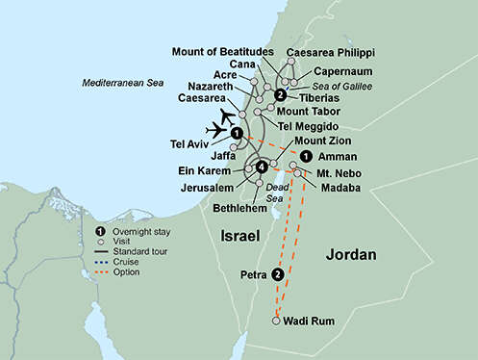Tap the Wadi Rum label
pyautogui.click(x=311, y=321)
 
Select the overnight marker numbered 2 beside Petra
pyautogui.click(x=278, y=274)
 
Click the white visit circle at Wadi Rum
pyautogui.click(x=277, y=321)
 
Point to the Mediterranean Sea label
pyautogui.click(x=121, y=85)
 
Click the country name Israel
pyautogui.click(x=241, y=235)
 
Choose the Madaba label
pyautogui.click(x=340, y=188)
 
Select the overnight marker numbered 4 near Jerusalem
pyautogui.click(x=262, y=167)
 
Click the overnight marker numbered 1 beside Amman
pyautogui.click(x=305, y=156)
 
